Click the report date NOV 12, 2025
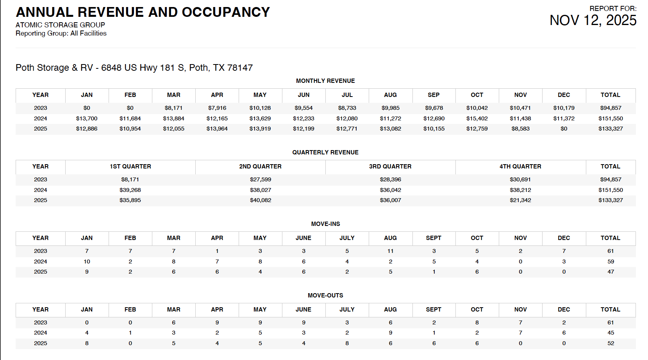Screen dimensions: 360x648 point(593,20)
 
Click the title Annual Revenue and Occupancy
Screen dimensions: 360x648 point(143,12)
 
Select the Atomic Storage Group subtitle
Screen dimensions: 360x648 point(60,25)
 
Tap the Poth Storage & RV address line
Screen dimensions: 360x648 point(134,68)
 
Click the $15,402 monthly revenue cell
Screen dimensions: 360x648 point(477,118)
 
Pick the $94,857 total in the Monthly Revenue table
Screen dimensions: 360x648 point(611,108)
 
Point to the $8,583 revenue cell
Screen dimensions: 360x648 point(520,129)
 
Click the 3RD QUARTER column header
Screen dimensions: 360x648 point(390,167)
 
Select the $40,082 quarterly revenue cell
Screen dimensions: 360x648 point(261,200)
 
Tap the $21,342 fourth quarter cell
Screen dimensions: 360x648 point(520,200)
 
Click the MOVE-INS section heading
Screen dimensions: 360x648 point(325,224)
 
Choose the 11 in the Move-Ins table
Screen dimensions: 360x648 point(390,251)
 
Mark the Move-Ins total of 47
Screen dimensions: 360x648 point(611,272)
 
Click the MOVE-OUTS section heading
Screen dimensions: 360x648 point(325,296)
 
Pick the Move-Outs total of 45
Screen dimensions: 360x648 point(611,333)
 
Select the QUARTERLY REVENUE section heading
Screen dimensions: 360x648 point(325,152)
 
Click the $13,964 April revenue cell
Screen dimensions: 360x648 point(217,129)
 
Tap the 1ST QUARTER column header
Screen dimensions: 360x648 point(130,167)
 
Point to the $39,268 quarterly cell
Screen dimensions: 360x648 point(130,190)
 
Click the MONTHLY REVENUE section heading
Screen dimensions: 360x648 point(325,81)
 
